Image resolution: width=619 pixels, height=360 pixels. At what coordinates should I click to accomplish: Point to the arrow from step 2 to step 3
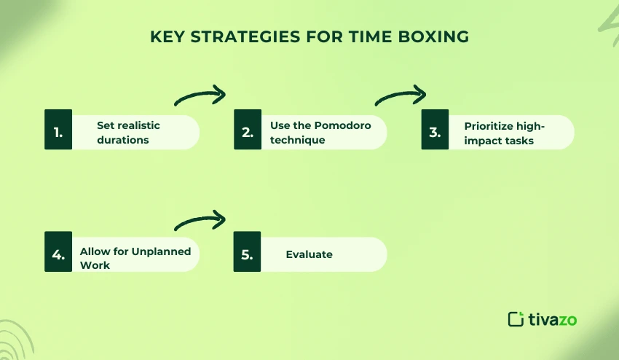[400, 96]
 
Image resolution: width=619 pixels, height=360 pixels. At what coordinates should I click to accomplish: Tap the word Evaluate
[309, 254]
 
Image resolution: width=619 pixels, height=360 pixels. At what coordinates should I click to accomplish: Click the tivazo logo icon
[516, 318]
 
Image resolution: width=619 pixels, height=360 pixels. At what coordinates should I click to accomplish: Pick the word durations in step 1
[123, 139]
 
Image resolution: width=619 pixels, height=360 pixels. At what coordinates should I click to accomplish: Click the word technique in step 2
[297, 139]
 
